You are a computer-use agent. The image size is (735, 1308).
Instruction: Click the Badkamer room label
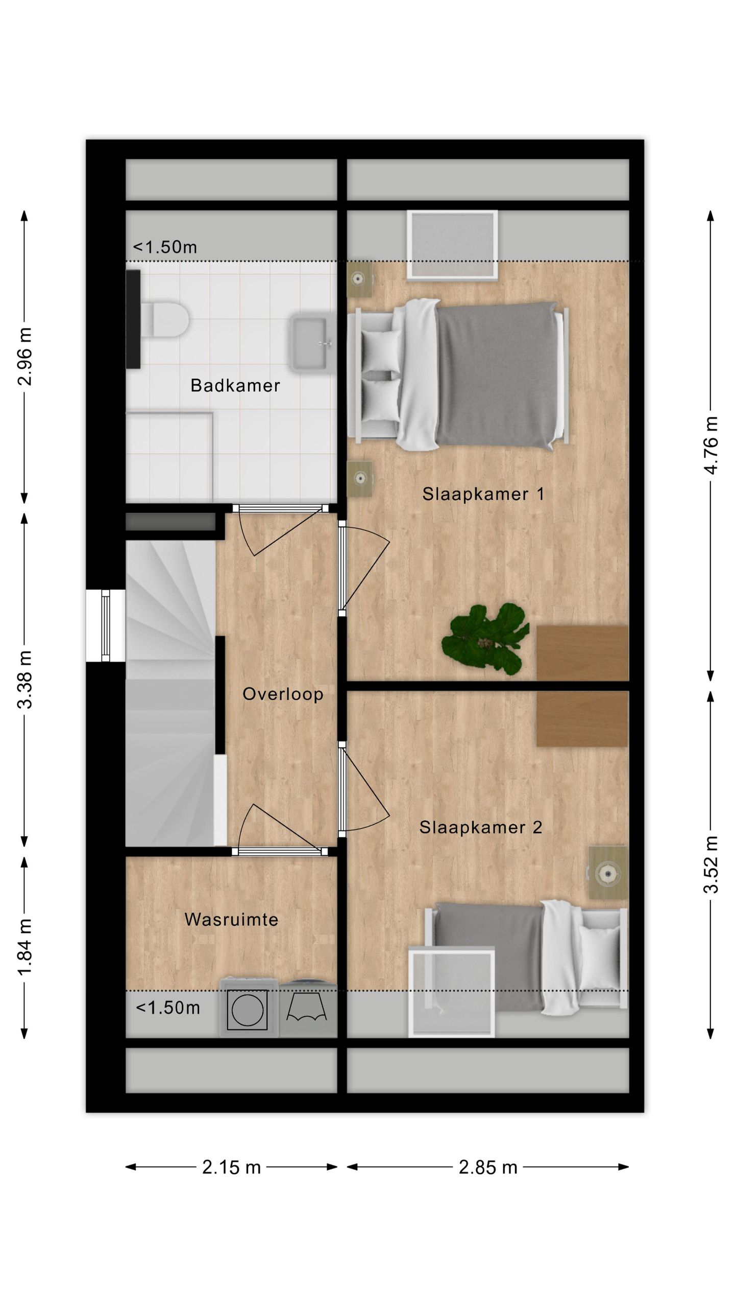[x=235, y=385]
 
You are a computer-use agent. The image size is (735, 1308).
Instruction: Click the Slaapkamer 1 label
[x=483, y=494]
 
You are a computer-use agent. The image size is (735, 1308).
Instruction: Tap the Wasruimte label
[x=231, y=920]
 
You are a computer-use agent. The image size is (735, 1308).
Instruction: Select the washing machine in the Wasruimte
[x=249, y=1009]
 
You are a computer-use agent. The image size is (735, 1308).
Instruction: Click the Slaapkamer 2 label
[x=481, y=827]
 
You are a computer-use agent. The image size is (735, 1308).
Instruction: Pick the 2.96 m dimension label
[x=25, y=357]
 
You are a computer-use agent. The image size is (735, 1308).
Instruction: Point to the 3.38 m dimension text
[x=25, y=680]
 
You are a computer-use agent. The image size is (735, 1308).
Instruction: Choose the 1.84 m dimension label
[x=25, y=946]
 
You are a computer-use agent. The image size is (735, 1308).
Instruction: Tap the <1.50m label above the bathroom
[x=165, y=247]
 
